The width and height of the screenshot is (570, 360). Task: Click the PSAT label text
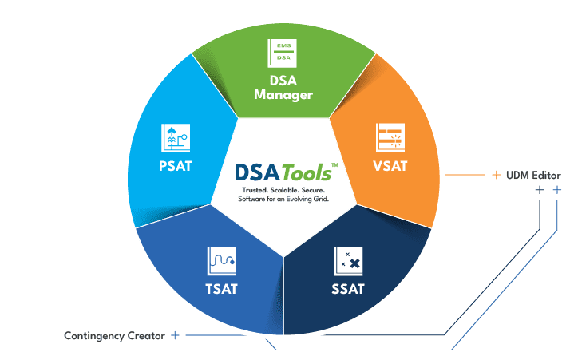point(175,166)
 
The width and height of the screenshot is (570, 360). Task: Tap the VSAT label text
point(390,166)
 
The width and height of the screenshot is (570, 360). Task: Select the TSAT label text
point(221,289)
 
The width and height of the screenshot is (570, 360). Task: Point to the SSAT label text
point(348,289)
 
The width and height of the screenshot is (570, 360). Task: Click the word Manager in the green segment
point(283,95)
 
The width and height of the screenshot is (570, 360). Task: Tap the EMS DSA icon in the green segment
point(282,53)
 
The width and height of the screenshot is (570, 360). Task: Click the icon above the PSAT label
point(176,138)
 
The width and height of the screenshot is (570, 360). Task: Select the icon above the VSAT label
point(390,137)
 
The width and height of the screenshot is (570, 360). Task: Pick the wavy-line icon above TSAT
point(222,261)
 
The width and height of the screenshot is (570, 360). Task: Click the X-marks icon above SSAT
point(348,262)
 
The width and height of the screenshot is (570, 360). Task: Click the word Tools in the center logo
point(306,172)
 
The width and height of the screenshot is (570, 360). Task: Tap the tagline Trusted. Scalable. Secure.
point(283,190)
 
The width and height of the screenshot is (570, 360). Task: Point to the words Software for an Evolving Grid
point(283,199)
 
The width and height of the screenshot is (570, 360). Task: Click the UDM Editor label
point(533,176)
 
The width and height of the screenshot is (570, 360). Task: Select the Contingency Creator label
point(114,335)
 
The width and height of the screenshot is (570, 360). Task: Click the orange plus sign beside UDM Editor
point(496,175)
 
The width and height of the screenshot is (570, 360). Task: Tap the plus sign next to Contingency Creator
point(175,335)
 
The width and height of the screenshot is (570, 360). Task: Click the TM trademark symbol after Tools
point(334,165)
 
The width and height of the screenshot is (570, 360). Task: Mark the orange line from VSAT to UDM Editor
point(465,175)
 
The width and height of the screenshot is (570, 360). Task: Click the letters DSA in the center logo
point(257,172)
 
